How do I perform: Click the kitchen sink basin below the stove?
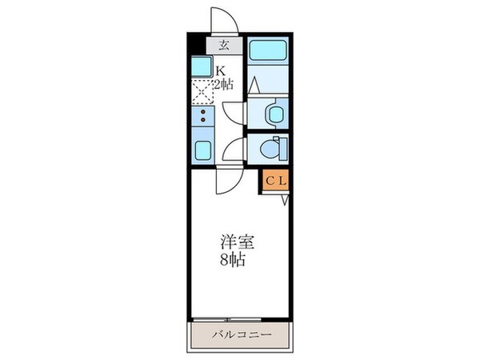click(202, 148)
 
